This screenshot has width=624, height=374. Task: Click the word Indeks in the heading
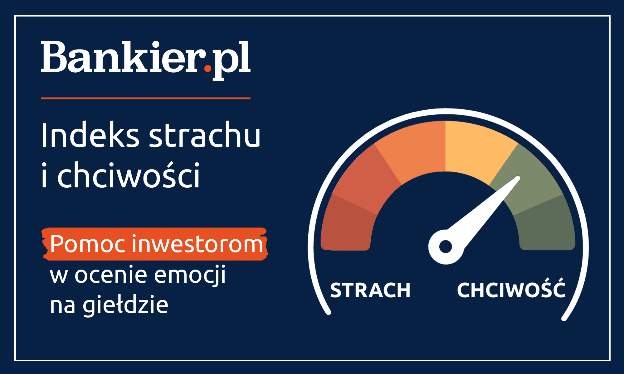click(90, 135)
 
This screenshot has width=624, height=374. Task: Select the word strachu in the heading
click(204, 135)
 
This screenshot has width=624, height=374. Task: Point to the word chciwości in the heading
click(128, 175)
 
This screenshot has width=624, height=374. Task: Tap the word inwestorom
click(197, 244)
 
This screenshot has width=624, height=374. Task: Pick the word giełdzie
click(125, 305)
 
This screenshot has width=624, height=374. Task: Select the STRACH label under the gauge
click(370, 290)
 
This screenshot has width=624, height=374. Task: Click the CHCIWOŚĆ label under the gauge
click(511, 290)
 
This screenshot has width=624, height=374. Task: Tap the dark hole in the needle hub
click(445, 247)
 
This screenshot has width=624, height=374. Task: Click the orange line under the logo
click(145, 98)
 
